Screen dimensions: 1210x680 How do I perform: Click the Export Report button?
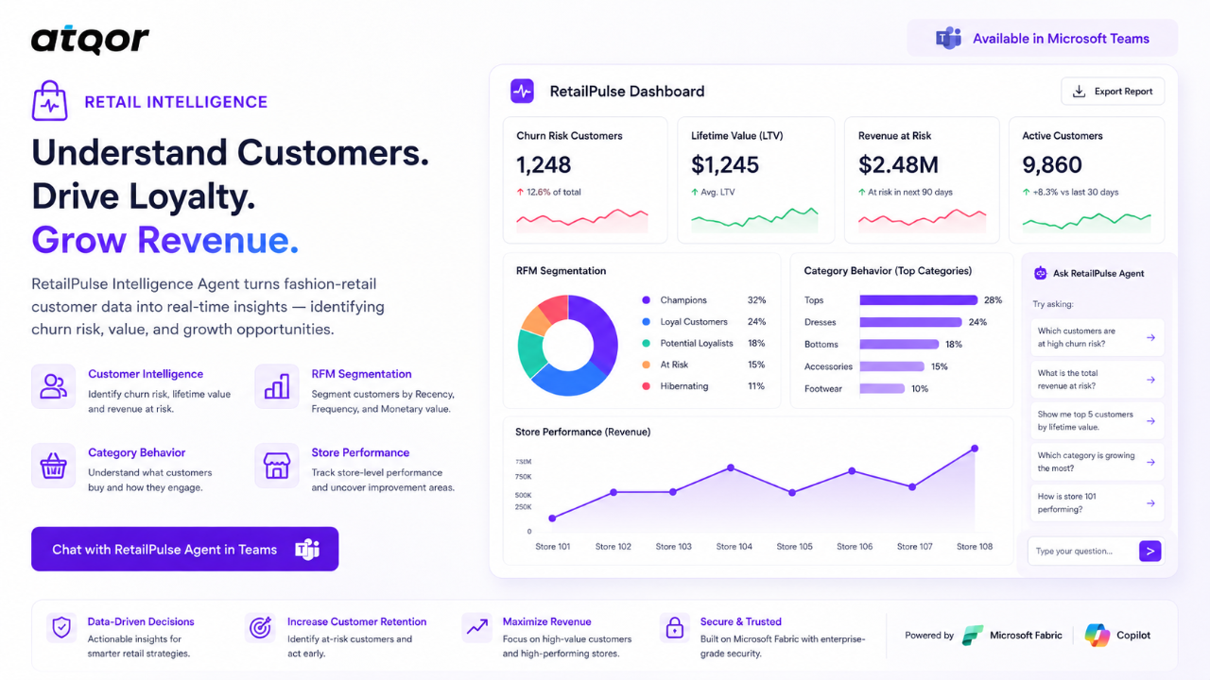tap(1113, 92)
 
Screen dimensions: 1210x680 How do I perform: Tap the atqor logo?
tap(90, 40)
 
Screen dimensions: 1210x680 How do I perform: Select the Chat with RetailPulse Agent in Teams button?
tap(184, 549)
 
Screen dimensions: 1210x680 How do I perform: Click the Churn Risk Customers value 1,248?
tap(544, 164)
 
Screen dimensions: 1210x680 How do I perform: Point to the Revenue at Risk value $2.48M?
tap(898, 164)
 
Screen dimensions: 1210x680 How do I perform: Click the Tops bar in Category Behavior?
tap(918, 300)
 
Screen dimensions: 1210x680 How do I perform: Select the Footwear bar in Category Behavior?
tap(882, 388)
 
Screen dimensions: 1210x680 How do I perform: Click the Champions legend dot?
tap(646, 300)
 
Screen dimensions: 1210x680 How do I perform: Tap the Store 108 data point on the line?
tap(975, 449)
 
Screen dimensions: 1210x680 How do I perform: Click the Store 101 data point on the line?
tap(552, 518)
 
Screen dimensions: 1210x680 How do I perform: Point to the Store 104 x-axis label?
tap(735, 546)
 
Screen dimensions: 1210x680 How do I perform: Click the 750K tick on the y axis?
tap(524, 477)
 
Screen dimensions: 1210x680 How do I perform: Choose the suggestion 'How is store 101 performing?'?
tap(1097, 503)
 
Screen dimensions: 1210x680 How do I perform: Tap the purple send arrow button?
tap(1150, 551)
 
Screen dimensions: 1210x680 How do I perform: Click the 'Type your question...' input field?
tap(1083, 551)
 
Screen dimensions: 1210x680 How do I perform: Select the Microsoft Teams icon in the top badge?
tap(948, 39)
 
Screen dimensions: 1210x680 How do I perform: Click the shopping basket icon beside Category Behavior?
tap(53, 466)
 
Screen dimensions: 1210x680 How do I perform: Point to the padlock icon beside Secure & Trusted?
tap(675, 628)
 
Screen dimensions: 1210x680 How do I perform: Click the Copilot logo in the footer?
tap(1098, 636)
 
